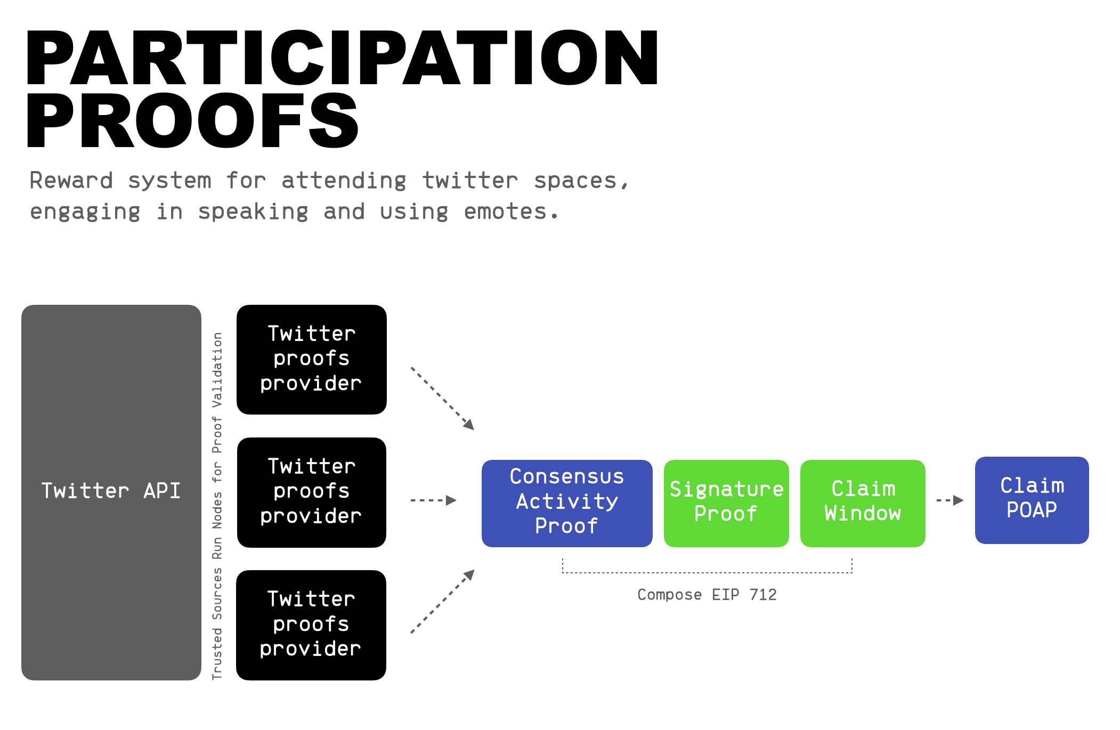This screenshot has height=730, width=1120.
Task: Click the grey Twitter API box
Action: (111, 492)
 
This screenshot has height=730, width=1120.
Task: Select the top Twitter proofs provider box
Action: (312, 360)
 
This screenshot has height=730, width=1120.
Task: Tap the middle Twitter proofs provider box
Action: (312, 492)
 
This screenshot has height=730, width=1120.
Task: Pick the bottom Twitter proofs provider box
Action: (311, 625)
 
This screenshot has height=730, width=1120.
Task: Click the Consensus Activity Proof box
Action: (567, 503)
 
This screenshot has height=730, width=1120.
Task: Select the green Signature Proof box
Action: (726, 503)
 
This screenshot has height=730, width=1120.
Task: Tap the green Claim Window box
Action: (863, 503)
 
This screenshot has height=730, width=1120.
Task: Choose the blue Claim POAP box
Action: (1032, 500)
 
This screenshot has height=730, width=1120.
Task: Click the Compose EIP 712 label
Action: (707, 595)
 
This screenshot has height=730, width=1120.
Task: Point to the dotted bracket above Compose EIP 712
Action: (707, 573)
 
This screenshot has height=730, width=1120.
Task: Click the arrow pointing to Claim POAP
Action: (950, 500)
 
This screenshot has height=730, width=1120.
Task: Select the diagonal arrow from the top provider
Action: (442, 399)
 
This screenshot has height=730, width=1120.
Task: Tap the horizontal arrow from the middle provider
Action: (434, 500)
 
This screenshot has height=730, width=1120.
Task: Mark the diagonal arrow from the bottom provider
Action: (442, 601)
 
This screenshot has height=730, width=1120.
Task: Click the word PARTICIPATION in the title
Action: (343, 58)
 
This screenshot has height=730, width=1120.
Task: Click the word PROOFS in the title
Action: (192, 120)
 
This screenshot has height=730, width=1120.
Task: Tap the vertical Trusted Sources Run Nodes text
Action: (217, 506)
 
